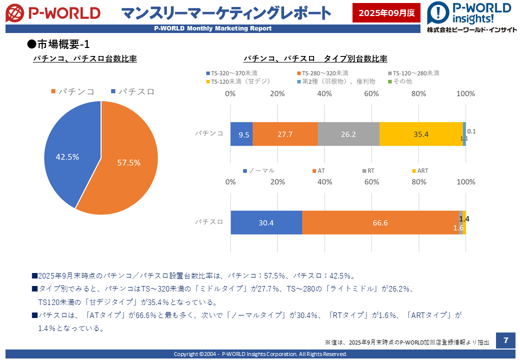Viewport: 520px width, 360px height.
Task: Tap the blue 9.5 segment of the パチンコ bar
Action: click(241, 134)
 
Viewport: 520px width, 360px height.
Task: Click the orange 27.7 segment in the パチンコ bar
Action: click(285, 134)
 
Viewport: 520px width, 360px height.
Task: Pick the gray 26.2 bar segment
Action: click(348, 134)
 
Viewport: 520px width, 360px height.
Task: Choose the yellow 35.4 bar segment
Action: click(421, 134)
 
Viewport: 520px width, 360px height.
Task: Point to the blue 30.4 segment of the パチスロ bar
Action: click(266, 222)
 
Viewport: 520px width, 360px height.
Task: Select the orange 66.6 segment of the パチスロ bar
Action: click(380, 222)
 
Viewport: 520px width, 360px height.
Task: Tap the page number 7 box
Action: click(505, 340)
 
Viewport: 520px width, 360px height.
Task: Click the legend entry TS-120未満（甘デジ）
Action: click(237, 81)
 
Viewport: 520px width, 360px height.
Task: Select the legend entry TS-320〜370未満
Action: click(232, 73)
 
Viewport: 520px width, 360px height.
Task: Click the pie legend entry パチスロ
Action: click(132, 91)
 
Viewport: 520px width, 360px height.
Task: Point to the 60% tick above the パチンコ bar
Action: click(371, 93)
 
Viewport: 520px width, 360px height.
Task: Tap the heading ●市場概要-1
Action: click(58, 44)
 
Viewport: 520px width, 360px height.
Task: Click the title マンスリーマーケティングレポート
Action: click(226, 12)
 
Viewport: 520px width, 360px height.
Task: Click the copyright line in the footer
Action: click(260, 354)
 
